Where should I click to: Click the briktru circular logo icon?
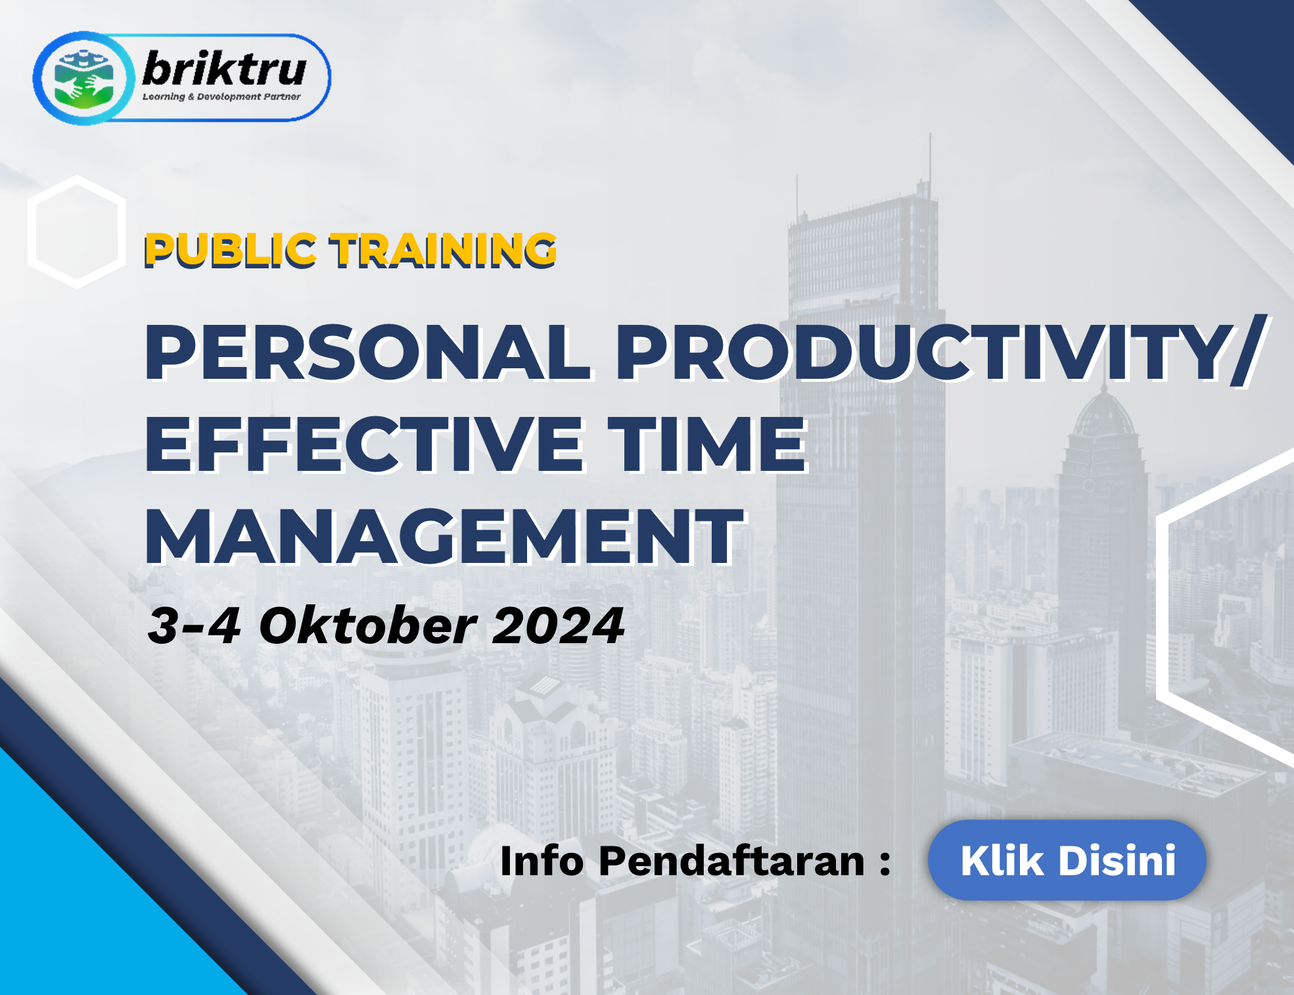point(83,78)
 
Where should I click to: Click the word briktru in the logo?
point(224,68)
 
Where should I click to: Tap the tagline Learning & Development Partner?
point(221,97)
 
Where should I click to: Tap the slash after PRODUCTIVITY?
point(1249,351)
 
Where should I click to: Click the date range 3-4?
point(194,625)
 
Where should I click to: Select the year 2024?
point(558,625)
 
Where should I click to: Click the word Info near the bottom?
point(542,861)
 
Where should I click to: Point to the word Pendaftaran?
point(731,861)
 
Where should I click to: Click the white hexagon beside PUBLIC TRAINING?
point(77,231)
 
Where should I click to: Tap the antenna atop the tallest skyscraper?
point(929,158)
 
